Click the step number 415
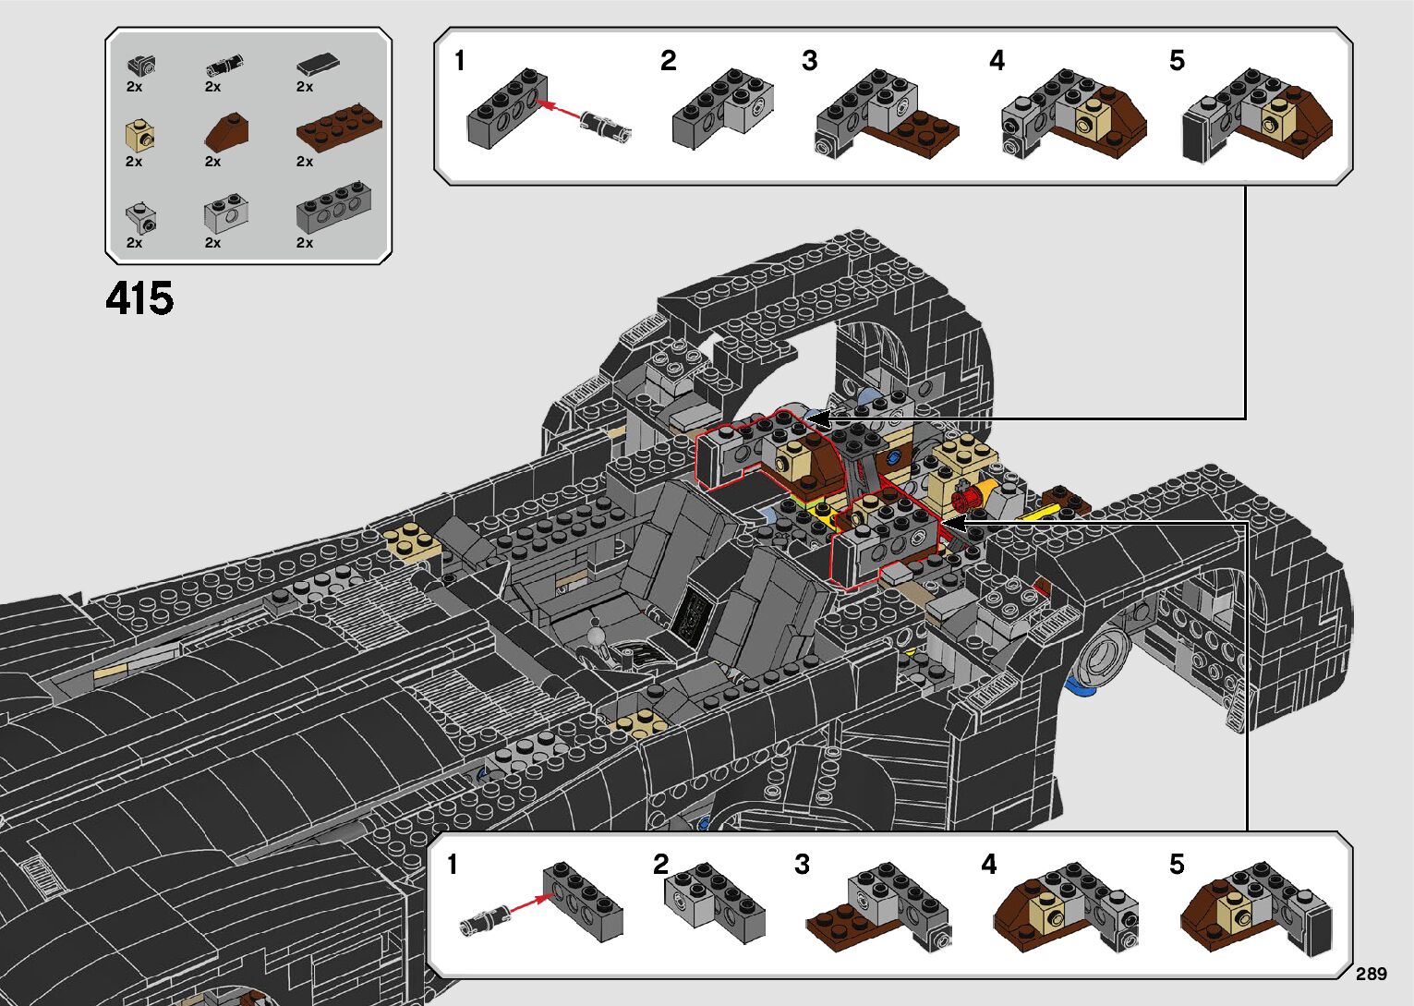139,298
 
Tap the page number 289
1371,974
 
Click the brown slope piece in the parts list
226,132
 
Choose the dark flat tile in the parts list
317,65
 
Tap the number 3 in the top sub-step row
809,61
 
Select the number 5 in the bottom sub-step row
1176,865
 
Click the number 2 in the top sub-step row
668,61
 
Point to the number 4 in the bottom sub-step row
989,865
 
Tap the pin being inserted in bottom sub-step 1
483,919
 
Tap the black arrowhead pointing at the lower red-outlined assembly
952,524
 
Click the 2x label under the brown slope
212,162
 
